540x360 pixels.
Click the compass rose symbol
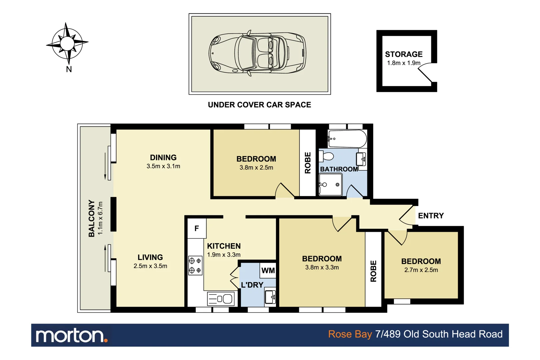tap(67, 44)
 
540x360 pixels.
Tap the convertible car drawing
tap(257, 53)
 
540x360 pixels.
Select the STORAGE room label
tap(404, 54)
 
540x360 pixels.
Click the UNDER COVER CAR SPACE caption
tap(259, 105)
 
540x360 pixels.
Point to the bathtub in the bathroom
tap(347, 139)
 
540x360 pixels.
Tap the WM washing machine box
tap(268, 271)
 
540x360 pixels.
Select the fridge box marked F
tap(197, 228)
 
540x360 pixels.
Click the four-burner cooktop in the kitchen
tap(195, 266)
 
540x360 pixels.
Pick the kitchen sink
tap(221, 299)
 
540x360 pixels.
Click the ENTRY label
tap(431, 216)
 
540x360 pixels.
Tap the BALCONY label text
tap(92, 218)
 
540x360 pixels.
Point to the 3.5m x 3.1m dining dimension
tap(163, 166)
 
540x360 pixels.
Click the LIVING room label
tap(150, 257)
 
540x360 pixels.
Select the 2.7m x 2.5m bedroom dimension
tap(421, 270)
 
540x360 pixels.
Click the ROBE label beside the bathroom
tap(308, 163)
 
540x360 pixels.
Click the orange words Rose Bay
tap(350, 334)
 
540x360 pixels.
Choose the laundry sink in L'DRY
tap(270, 297)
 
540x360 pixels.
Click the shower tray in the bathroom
tap(331, 184)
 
